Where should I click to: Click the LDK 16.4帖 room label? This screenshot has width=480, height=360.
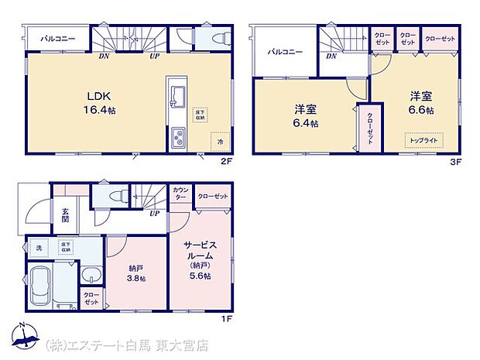pyautogui.click(x=101, y=102)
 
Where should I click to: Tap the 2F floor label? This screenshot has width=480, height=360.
pyautogui.click(x=225, y=162)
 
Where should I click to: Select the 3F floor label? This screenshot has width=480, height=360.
pyautogui.click(x=457, y=162)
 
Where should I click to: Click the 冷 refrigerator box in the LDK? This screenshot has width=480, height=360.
pyautogui.click(x=221, y=142)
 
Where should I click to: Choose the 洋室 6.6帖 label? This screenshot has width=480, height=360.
pyautogui.click(x=422, y=103)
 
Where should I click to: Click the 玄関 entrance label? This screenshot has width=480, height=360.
pyautogui.click(x=66, y=214)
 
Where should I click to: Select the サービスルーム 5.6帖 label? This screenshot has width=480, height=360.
pyautogui.click(x=199, y=261)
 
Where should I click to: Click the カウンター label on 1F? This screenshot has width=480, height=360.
pyautogui.click(x=181, y=194)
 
